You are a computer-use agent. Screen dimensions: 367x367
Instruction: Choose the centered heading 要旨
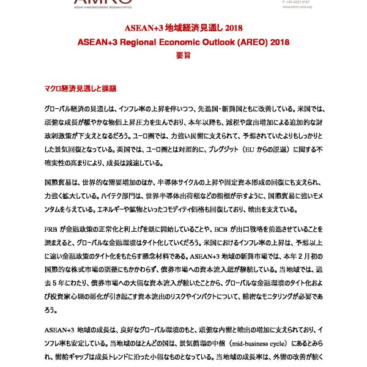pyautogui.click(x=183, y=56)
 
